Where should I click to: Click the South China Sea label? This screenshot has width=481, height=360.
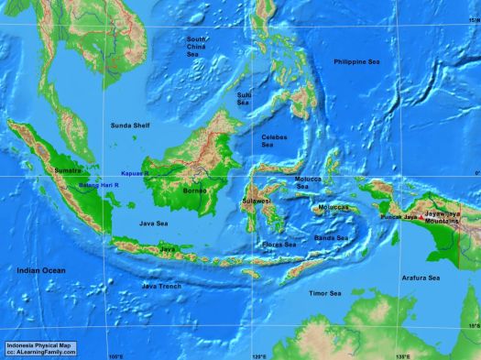click(196, 47)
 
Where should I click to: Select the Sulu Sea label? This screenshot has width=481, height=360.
click(244, 98)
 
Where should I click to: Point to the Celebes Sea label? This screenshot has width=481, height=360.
click(274, 140)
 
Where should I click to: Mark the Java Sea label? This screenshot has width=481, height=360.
click(153, 223)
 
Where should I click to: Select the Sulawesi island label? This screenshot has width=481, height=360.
click(257, 200)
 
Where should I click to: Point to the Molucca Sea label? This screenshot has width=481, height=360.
click(308, 182)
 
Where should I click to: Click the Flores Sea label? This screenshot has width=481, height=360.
click(279, 245)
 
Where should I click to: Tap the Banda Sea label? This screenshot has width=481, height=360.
click(331, 237)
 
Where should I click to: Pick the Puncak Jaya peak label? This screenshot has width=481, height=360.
click(401, 217)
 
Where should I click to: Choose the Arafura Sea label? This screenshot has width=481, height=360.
click(421, 277)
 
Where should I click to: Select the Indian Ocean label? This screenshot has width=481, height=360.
click(41, 271)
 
